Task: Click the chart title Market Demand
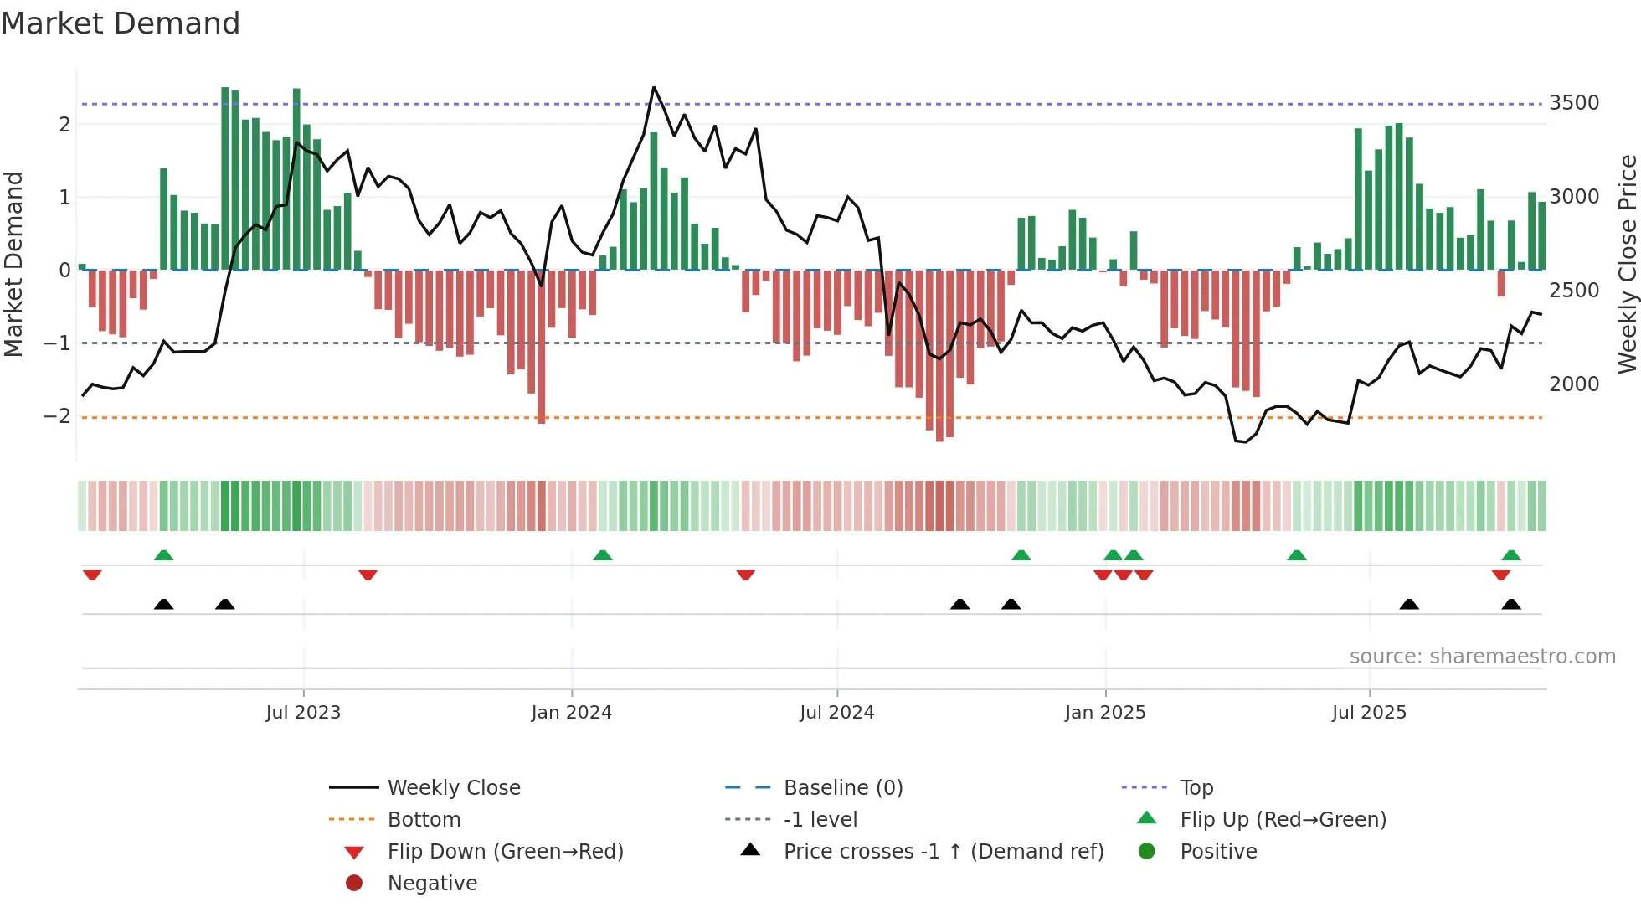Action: tap(121, 23)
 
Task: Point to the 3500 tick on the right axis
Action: tap(1574, 103)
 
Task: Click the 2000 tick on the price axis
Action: tap(1574, 384)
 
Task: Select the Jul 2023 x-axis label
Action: tap(303, 713)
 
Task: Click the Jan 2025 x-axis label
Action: tap(1105, 713)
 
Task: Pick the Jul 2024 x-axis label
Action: tap(836, 713)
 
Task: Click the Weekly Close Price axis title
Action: tap(1627, 264)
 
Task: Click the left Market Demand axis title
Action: tap(13, 264)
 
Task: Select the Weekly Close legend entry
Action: tap(453, 788)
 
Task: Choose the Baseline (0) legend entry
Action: tap(842, 788)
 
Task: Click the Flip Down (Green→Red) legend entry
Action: tap(505, 852)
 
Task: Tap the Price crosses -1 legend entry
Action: tap(943, 852)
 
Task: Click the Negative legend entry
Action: tap(432, 884)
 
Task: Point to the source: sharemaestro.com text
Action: tap(1482, 657)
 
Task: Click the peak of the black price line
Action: tap(654, 87)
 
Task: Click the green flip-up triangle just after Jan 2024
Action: tap(603, 555)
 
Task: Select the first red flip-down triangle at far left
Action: tap(92, 575)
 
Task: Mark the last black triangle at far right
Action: tap(1511, 604)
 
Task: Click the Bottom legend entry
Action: tap(424, 820)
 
